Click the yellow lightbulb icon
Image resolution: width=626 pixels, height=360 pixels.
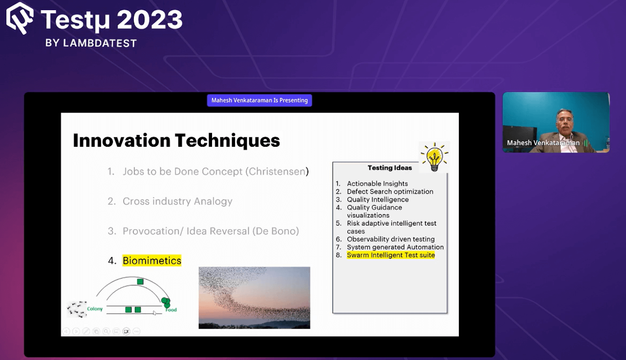coord(434,157)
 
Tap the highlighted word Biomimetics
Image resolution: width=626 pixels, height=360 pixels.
coord(152,261)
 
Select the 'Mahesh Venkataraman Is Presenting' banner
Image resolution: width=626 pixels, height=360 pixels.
coord(259,100)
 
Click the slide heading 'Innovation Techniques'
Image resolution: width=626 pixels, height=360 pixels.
coord(176,140)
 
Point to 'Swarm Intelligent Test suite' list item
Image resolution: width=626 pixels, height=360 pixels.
coord(391,255)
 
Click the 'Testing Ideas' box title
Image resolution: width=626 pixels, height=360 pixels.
coord(390,168)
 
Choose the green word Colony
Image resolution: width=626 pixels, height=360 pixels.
coord(95,309)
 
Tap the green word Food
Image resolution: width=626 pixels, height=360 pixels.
coord(171,310)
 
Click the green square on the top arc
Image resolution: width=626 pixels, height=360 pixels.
coord(140,281)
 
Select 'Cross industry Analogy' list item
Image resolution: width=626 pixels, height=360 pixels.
coord(178,201)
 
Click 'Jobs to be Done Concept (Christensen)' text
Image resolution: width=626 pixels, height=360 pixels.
coord(216,171)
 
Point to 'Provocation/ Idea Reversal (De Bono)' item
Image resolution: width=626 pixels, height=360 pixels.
coord(211,231)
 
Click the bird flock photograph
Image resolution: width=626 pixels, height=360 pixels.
coord(254,298)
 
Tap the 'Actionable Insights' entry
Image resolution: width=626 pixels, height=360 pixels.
coord(377,184)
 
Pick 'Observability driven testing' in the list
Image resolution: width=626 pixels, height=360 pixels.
coord(391,239)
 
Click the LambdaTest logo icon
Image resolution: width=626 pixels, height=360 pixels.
coord(20,18)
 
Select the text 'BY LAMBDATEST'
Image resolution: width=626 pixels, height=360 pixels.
coord(91,43)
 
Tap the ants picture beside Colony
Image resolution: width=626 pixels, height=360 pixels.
coord(77,309)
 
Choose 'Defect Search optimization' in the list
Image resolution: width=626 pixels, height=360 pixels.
coord(390,191)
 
